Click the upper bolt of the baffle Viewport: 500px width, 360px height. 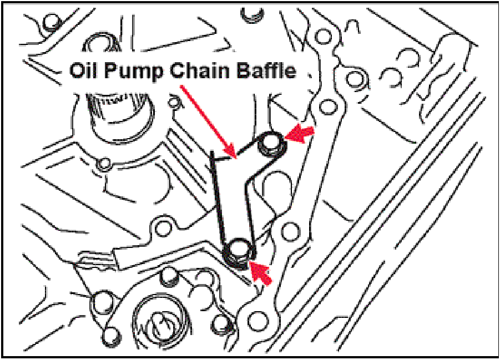point(272,143)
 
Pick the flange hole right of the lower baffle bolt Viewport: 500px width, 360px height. point(289,230)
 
